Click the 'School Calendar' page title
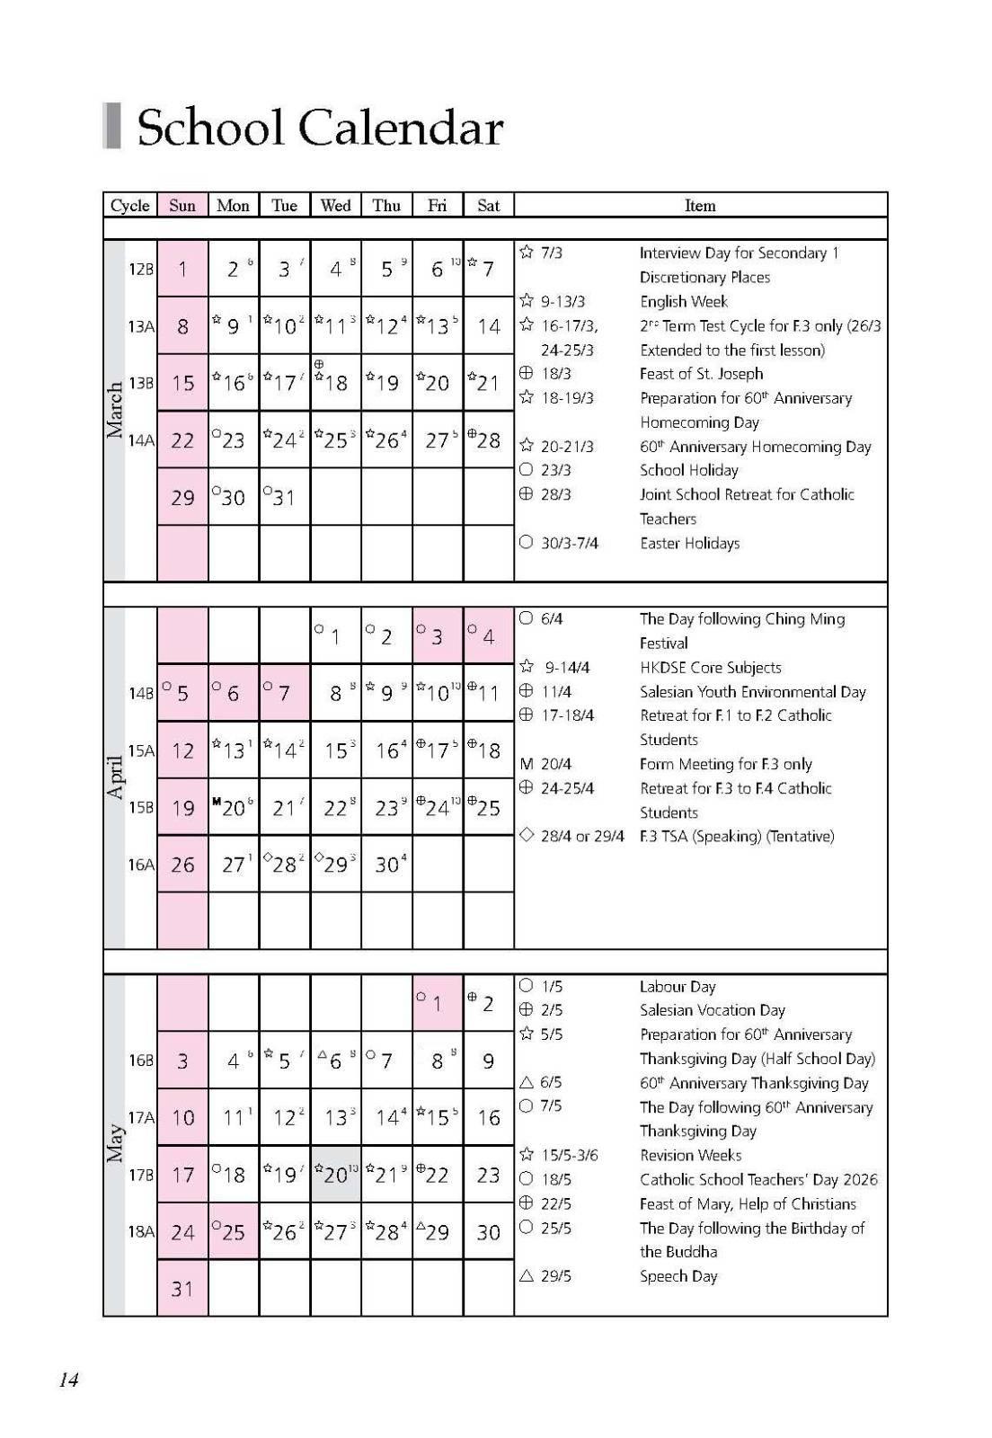(319, 128)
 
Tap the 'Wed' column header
(335, 205)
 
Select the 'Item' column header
(700, 205)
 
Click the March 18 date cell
(335, 383)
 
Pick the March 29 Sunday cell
(182, 497)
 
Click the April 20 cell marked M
(233, 807)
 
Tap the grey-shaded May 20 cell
(335, 1175)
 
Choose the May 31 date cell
(182, 1289)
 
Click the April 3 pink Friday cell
(437, 636)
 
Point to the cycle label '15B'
(141, 807)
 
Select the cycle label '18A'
(141, 1231)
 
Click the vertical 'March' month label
(115, 410)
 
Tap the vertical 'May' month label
(115, 1142)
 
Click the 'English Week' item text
(683, 301)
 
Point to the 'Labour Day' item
(678, 986)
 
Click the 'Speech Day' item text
(678, 1276)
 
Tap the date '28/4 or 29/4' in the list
(582, 836)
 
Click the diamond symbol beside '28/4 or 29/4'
(527, 835)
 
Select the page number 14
(68, 1379)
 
